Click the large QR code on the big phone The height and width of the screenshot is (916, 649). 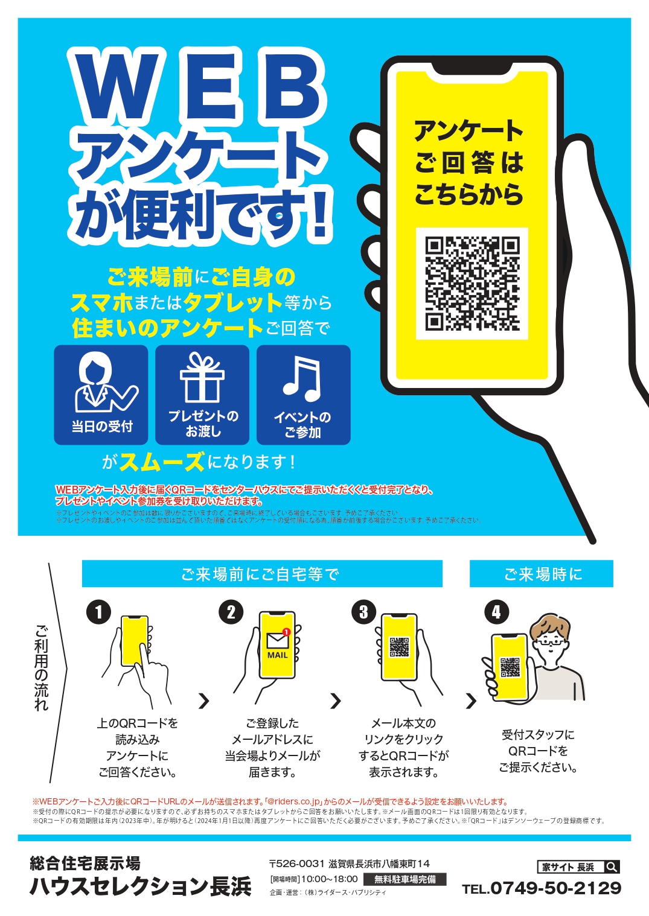472,284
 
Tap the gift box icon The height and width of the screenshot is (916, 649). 202,378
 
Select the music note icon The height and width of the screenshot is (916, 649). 302,378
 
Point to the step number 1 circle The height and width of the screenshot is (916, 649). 98,612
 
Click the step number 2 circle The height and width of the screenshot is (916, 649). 231,612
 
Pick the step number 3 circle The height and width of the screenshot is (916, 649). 363,612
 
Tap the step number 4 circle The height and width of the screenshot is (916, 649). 496,612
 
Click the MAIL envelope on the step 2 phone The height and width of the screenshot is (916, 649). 278,641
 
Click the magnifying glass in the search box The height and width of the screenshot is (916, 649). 611,867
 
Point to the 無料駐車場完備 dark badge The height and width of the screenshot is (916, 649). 405,879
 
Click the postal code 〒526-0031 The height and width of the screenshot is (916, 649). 297,864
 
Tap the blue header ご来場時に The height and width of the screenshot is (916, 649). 542,574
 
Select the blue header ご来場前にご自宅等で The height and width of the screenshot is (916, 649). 261,574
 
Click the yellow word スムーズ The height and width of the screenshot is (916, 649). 162,462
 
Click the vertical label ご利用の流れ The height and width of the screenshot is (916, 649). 41,667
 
